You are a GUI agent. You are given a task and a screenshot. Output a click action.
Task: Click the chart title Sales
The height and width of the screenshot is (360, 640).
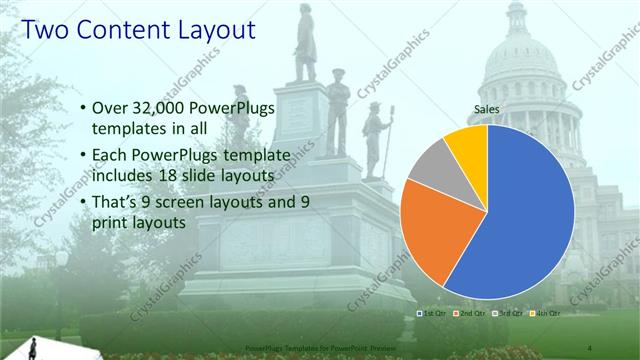coord(486,110)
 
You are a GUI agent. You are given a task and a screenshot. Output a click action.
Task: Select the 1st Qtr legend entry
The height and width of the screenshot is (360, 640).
coord(431,314)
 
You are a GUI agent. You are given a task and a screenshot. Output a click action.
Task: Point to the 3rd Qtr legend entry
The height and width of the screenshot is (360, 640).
coord(507,314)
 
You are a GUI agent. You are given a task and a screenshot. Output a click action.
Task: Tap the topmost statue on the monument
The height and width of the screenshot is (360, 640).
coord(305,45)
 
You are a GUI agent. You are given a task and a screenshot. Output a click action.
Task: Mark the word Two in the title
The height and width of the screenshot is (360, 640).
coord(45,30)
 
